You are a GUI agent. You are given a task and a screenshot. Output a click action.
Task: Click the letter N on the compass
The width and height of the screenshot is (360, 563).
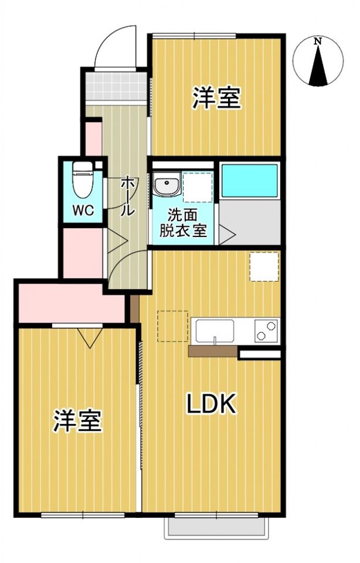[x=317, y=41]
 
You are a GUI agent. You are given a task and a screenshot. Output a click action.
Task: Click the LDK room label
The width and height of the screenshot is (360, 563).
[x=212, y=404]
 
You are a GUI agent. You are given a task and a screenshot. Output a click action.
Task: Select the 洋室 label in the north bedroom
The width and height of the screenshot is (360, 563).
[x=217, y=98]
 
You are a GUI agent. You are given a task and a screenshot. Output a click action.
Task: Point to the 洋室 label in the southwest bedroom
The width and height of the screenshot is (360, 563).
[x=77, y=421]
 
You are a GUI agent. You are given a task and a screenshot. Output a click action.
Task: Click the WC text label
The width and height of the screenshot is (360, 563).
[x=83, y=211]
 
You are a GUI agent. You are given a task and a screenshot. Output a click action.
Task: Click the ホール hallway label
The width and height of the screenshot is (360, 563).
[x=128, y=196]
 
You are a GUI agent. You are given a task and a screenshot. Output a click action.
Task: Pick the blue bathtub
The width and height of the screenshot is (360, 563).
[x=249, y=181]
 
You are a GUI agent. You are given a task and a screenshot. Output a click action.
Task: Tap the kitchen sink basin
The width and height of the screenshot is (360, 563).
[x=215, y=331]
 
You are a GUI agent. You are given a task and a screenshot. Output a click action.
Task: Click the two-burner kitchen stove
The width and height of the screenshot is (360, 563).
[x=266, y=331]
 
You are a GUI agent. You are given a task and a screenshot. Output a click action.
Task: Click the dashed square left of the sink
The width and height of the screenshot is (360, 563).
[x=172, y=326]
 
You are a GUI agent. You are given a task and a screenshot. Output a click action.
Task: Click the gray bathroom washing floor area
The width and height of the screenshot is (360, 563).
[x=249, y=224]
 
